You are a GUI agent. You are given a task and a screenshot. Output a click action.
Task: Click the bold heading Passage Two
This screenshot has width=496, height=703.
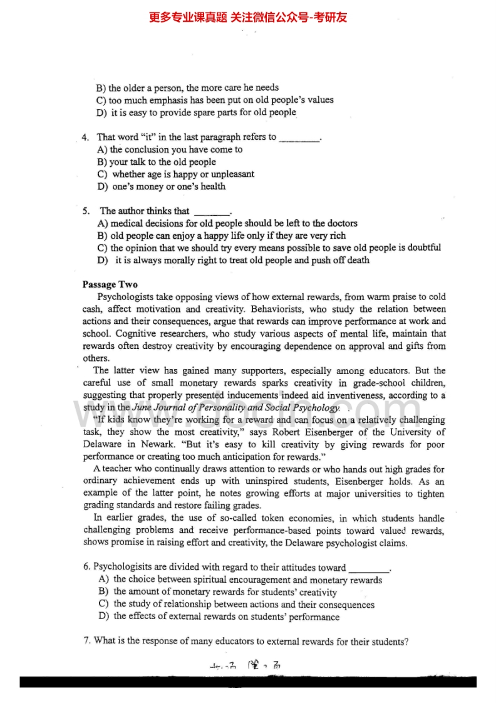tap(110, 284)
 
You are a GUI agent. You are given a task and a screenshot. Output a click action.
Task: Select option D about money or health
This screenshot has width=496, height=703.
tap(162, 187)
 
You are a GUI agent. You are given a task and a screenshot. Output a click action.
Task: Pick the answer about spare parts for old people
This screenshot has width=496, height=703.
tap(196, 113)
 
